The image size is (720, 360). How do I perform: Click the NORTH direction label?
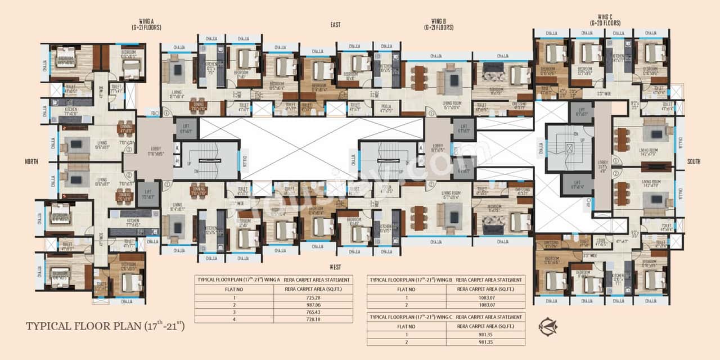[x=31, y=161]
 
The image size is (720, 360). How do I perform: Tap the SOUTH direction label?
[x=694, y=161]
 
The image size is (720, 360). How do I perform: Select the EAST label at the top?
[x=336, y=25]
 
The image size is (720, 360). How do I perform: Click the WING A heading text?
[x=139, y=21]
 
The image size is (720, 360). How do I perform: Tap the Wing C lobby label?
[x=602, y=166]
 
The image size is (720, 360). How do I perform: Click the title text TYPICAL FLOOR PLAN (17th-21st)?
[x=106, y=326]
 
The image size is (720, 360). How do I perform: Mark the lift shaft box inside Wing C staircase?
[x=570, y=148]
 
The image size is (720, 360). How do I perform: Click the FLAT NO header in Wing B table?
[x=406, y=290]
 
